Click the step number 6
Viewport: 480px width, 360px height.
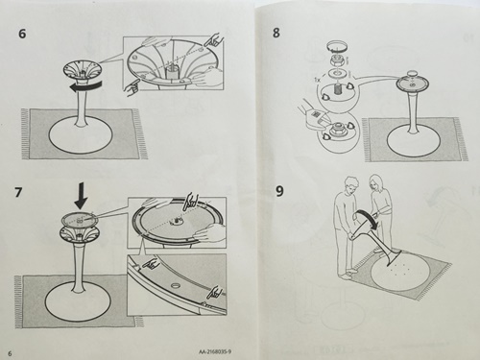click(x=22, y=34)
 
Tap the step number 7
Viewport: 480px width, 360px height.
click(x=19, y=192)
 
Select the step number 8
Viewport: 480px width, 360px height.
click(x=276, y=33)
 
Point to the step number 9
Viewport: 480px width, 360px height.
click(x=279, y=191)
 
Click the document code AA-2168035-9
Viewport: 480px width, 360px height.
click(x=215, y=352)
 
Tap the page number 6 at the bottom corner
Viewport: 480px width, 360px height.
click(x=10, y=353)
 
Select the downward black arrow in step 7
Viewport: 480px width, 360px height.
click(x=82, y=195)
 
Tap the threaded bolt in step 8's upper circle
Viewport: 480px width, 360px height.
click(x=336, y=88)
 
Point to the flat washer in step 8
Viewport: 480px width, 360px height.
click(x=337, y=72)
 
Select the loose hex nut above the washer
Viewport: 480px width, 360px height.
click(x=337, y=60)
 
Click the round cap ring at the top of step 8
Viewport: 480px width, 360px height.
click(x=337, y=47)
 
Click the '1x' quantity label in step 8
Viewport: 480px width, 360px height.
click(x=317, y=77)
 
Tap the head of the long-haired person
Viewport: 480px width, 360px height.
click(x=374, y=181)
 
